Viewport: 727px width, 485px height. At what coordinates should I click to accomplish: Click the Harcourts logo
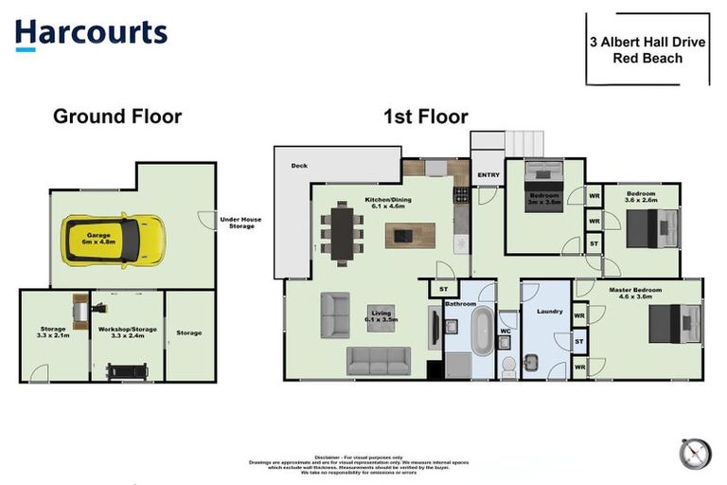pos(91,33)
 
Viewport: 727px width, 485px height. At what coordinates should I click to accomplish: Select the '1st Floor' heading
pos(425,117)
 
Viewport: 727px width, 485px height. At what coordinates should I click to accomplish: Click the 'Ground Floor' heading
pos(116,117)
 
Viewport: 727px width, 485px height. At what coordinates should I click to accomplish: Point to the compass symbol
pos(694,453)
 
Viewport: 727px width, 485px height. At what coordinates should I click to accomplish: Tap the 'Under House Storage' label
pos(240,223)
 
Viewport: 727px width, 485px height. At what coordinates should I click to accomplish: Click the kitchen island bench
pos(410,234)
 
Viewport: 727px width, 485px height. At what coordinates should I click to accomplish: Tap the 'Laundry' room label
pos(549,311)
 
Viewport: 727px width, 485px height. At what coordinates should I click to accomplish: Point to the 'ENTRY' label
pos(488,175)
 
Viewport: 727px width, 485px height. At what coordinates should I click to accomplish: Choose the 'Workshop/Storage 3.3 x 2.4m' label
pos(127,332)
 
